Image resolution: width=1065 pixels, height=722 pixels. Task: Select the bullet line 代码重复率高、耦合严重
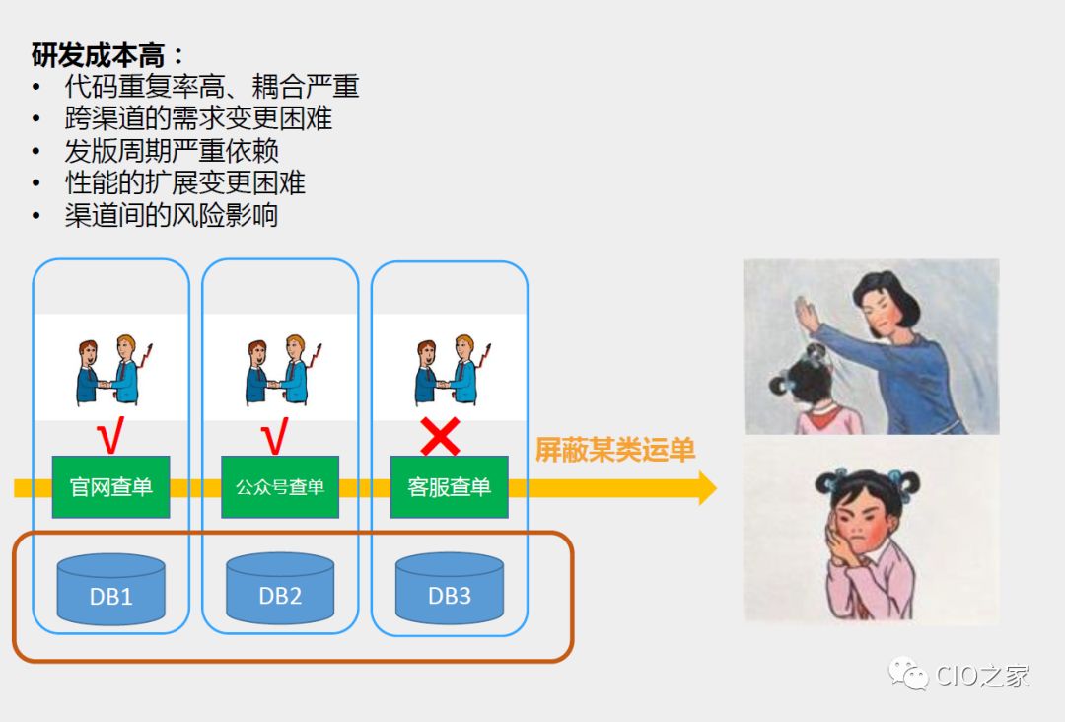pyautogui.click(x=211, y=87)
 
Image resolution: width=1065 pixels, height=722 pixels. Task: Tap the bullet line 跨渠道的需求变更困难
pyautogui.click(x=198, y=118)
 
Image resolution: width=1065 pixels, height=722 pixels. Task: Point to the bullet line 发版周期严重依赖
pyautogui.click(x=172, y=151)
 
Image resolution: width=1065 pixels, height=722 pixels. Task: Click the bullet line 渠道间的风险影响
pyautogui.click(x=172, y=215)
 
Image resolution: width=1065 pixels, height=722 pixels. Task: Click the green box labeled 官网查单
pyautogui.click(x=110, y=487)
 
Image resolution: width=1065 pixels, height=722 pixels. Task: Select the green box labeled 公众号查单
pyautogui.click(x=280, y=487)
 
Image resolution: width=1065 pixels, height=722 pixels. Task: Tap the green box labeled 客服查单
pyautogui.click(x=450, y=487)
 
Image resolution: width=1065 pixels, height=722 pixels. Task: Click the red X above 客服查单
pyautogui.click(x=440, y=436)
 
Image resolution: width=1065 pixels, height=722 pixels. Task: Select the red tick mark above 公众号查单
pyautogui.click(x=275, y=436)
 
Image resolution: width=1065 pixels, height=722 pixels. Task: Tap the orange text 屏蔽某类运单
pyautogui.click(x=615, y=451)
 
